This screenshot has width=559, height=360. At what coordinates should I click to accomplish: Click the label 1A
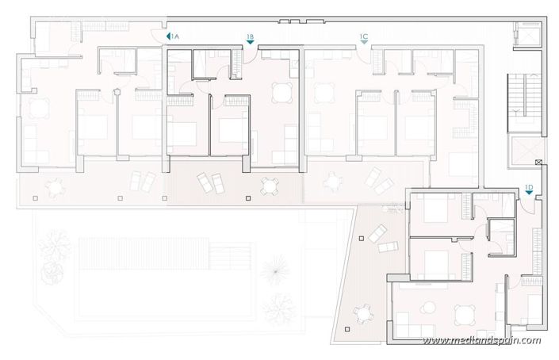(x=175, y=36)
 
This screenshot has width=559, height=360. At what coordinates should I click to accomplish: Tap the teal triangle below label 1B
(x=250, y=44)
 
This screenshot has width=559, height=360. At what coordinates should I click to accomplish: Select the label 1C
(x=364, y=36)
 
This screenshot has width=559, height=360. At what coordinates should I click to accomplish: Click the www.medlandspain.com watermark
(x=481, y=342)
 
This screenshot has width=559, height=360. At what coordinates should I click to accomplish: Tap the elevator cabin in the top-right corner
(x=523, y=36)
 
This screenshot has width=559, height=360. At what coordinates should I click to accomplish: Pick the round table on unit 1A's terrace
(x=55, y=188)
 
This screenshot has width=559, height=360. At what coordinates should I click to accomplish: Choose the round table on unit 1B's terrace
(x=270, y=186)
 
